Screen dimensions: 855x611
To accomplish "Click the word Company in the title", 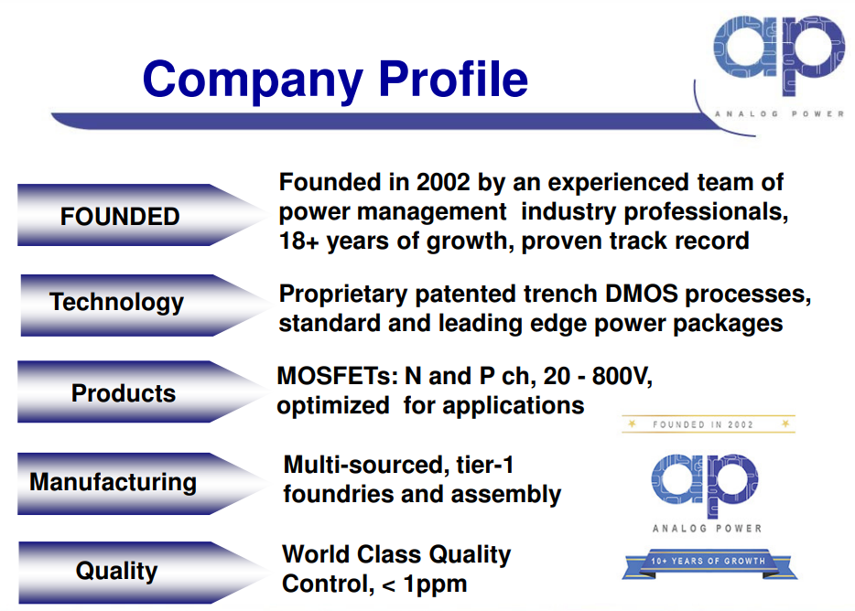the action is point(253,80).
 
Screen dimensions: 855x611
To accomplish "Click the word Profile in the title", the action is point(453,79).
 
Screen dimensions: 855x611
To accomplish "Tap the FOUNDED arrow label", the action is point(120,217).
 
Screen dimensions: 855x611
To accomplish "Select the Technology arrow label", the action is point(117,303).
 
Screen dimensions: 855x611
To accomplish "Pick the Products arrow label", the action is point(124,393).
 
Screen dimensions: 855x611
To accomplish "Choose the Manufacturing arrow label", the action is point(114,483).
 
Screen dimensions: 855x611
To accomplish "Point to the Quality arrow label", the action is point(116,571).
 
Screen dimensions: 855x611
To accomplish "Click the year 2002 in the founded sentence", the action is point(443,182).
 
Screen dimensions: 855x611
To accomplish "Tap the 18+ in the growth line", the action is point(298,241).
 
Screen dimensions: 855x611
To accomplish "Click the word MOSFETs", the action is point(338,376).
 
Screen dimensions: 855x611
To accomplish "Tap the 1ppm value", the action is point(435,584).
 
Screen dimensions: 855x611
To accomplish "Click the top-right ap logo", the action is point(779,55).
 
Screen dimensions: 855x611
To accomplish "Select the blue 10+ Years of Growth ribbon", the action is point(709,563).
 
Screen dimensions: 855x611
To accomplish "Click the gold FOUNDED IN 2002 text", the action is point(703,424).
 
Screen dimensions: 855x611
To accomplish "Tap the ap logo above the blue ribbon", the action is point(705,485).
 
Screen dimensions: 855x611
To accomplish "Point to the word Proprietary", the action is point(343,295).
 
